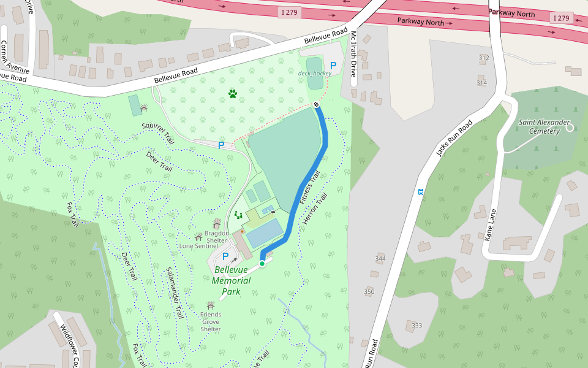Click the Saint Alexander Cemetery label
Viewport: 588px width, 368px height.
540,126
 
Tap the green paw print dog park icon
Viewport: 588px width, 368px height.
233,94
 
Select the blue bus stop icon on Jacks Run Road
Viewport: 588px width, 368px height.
421,191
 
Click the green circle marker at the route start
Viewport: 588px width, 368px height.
262,264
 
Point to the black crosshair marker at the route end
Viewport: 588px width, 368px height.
316,105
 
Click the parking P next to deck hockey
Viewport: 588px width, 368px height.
333,65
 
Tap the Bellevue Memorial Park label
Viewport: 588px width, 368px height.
232,280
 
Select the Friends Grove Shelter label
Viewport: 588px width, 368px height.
211,321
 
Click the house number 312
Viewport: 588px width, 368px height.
484,58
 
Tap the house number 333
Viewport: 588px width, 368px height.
417,325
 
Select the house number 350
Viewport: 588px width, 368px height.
369,291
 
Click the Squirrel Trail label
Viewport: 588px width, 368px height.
158,134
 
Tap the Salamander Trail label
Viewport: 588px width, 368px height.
175,293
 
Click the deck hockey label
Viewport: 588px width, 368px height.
314,73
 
